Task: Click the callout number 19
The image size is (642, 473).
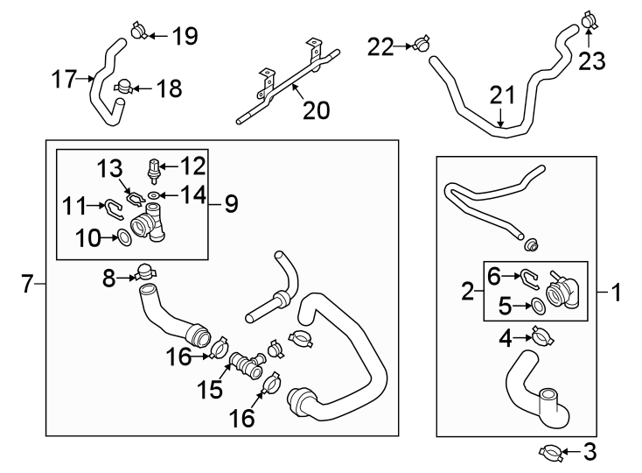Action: [x=185, y=36]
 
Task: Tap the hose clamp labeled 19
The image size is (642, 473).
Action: [x=139, y=31]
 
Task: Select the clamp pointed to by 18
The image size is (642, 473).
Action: [x=122, y=86]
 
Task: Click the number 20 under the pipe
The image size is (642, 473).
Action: [x=316, y=110]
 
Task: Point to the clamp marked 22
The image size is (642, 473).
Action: [x=420, y=44]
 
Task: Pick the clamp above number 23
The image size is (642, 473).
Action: [x=589, y=19]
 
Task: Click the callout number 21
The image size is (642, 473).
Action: [x=502, y=95]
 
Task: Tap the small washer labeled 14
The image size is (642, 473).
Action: [x=153, y=195]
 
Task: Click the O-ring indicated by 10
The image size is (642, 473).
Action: [x=124, y=237]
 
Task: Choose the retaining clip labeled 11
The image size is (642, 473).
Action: [x=115, y=208]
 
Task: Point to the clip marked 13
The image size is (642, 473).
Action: [x=135, y=198]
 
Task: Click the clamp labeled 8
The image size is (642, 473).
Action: [x=144, y=272]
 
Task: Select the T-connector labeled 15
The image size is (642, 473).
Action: [x=247, y=364]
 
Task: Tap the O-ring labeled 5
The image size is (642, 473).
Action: [x=538, y=307]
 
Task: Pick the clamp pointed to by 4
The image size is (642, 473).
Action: [x=542, y=336]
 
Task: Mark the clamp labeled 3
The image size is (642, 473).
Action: [x=550, y=453]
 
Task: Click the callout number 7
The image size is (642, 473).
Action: [x=27, y=284]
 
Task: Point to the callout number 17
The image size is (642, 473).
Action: [x=64, y=79]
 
